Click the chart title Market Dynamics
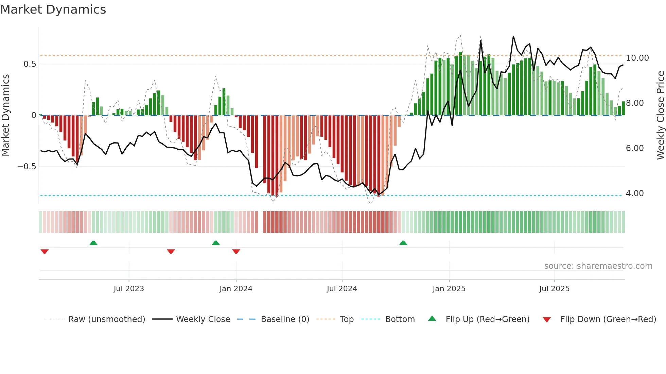coord(53,10)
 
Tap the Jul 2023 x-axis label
coord(129,289)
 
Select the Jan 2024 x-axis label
coord(236,289)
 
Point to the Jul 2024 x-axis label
coord(342,289)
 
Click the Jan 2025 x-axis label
coord(449,289)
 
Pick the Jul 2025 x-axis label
coord(554,289)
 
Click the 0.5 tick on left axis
coord(30,64)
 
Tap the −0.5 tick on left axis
coord(27,167)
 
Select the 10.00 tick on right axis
coord(637,58)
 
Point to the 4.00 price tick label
coord(635,193)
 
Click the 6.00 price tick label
coord(635,148)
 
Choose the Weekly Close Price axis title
coord(660,115)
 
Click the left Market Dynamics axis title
coord(5,115)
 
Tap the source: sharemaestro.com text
coord(598,266)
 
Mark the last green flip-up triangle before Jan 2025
coord(403,243)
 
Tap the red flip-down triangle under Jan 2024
coord(236,251)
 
